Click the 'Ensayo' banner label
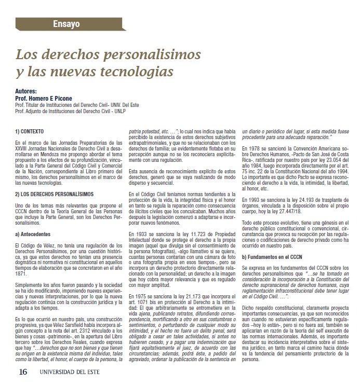66,23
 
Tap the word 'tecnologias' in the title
134,69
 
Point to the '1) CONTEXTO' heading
32,131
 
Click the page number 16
22,372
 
